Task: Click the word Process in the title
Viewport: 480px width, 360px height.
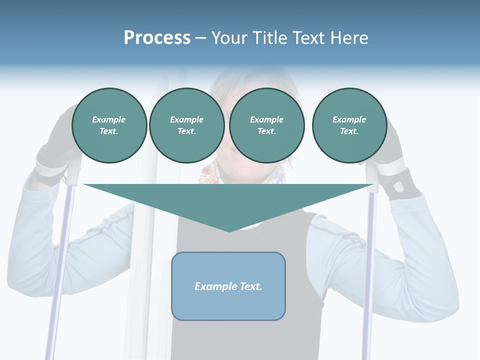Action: pos(157,38)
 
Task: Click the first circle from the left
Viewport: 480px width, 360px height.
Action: pos(109,125)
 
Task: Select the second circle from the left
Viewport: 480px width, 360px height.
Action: pos(186,125)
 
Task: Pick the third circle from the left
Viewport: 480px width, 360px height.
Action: pos(266,125)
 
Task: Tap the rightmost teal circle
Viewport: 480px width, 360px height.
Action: pos(349,125)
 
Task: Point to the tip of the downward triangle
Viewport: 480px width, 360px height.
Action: pos(229,231)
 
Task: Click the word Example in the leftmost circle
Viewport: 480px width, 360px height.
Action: pos(109,119)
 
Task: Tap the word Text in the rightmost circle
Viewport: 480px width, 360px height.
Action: pos(349,131)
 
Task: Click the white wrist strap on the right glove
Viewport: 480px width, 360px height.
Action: pos(393,167)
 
